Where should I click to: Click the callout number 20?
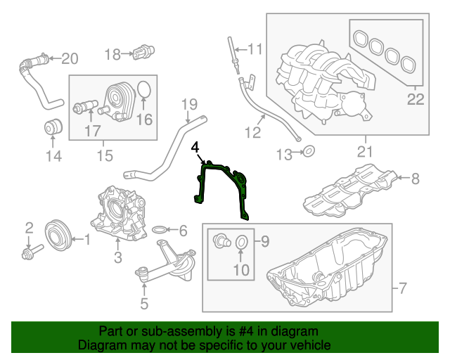[x=71, y=58]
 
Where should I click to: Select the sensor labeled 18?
[x=145, y=52]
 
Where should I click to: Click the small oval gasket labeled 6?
[x=160, y=230]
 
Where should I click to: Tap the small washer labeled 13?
[x=308, y=151]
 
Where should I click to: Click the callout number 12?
[x=252, y=131]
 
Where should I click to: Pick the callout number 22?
[x=416, y=99]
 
